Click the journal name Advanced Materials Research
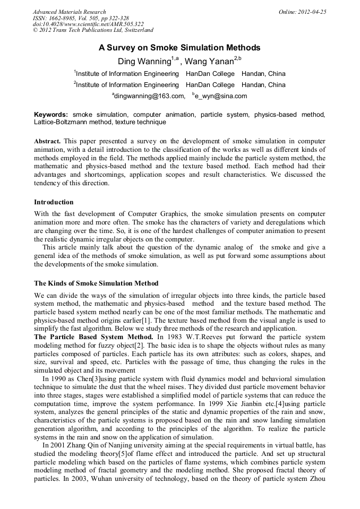(69, 12)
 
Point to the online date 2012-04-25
(312, 12)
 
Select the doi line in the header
(89, 24)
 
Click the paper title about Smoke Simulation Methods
(179, 48)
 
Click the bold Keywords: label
(51, 115)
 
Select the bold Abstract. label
(47, 143)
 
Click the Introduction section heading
(54, 202)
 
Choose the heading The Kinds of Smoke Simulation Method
(96, 283)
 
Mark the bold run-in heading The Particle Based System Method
(93, 337)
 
